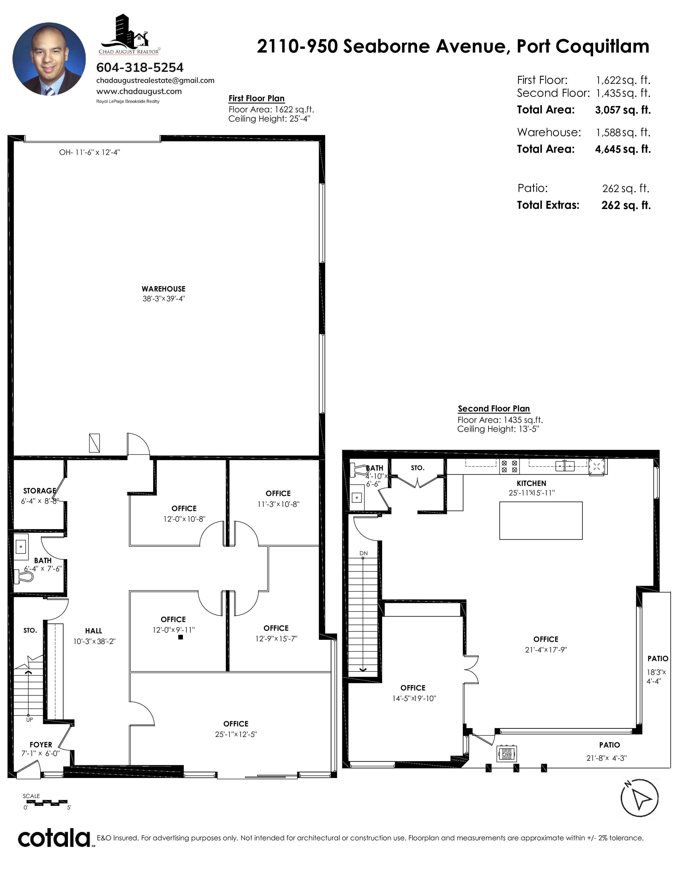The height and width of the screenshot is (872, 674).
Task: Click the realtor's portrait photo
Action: point(49,59)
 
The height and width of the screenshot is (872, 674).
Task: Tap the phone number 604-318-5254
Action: point(140,67)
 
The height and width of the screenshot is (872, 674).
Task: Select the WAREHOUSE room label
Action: point(164,289)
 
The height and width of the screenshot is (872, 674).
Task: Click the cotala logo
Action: point(54,838)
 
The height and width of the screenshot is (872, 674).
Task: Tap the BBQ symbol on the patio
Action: point(507,754)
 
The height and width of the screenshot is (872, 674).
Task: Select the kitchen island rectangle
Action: point(541,521)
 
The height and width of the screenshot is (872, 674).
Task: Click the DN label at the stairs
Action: point(363,553)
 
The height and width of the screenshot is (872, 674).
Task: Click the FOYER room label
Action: point(41,745)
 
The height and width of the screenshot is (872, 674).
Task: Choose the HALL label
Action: point(93,631)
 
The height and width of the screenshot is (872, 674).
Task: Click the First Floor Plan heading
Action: point(256,99)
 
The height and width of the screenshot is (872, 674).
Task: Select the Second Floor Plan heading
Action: point(494,409)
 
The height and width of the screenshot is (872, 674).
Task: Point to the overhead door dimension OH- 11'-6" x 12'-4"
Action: point(89,152)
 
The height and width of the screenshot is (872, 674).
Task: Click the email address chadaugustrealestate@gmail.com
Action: point(155,80)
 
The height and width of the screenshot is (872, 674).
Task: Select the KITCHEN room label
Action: point(532,483)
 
